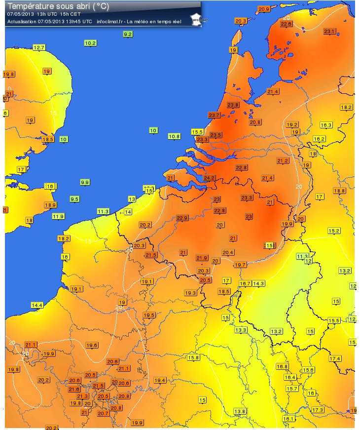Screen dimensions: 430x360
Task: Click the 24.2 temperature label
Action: (x=210, y=178)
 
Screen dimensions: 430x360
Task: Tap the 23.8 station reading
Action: (x=233, y=105)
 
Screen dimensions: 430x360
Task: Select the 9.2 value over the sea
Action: (x=128, y=34)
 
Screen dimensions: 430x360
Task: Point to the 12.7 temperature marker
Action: (x=39, y=47)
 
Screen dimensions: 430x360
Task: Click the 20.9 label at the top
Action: (x=264, y=9)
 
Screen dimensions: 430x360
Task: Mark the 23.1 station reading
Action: (x=329, y=32)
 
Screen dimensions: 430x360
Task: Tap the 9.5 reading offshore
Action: (x=74, y=199)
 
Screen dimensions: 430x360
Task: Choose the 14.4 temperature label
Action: (x=37, y=305)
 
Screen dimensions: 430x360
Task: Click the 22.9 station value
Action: (x=182, y=218)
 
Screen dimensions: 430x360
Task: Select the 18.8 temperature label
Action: (x=339, y=191)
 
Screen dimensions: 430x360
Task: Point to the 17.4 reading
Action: (x=335, y=358)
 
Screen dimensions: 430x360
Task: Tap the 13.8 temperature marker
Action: (x=240, y=411)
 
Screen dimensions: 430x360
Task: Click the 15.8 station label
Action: (x=193, y=357)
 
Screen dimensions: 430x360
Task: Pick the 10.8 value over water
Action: (x=174, y=136)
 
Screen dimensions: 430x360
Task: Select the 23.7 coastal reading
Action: (x=214, y=115)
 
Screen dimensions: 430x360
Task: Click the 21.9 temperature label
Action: (x=202, y=258)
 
